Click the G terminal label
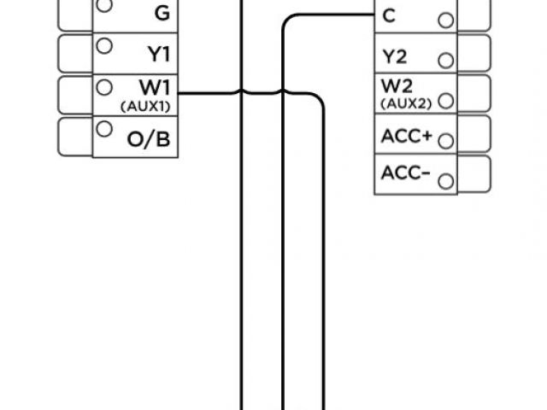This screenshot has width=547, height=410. coord(162,13)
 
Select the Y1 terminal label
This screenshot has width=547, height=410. coord(160,53)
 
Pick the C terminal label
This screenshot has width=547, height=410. coord(390,15)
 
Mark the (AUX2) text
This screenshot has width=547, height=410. coord(402,103)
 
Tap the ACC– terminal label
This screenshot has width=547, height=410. coord(406,174)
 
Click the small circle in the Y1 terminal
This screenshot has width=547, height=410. coord(103,45)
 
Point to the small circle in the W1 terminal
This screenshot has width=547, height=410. coord(103,86)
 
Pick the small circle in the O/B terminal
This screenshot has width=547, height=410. coord(103,129)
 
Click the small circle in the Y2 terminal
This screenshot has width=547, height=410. coord(444,61)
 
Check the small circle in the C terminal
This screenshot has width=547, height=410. coord(444,20)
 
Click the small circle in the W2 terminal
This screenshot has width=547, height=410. coord(444,100)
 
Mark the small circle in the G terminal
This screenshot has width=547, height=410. coord(103,6)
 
